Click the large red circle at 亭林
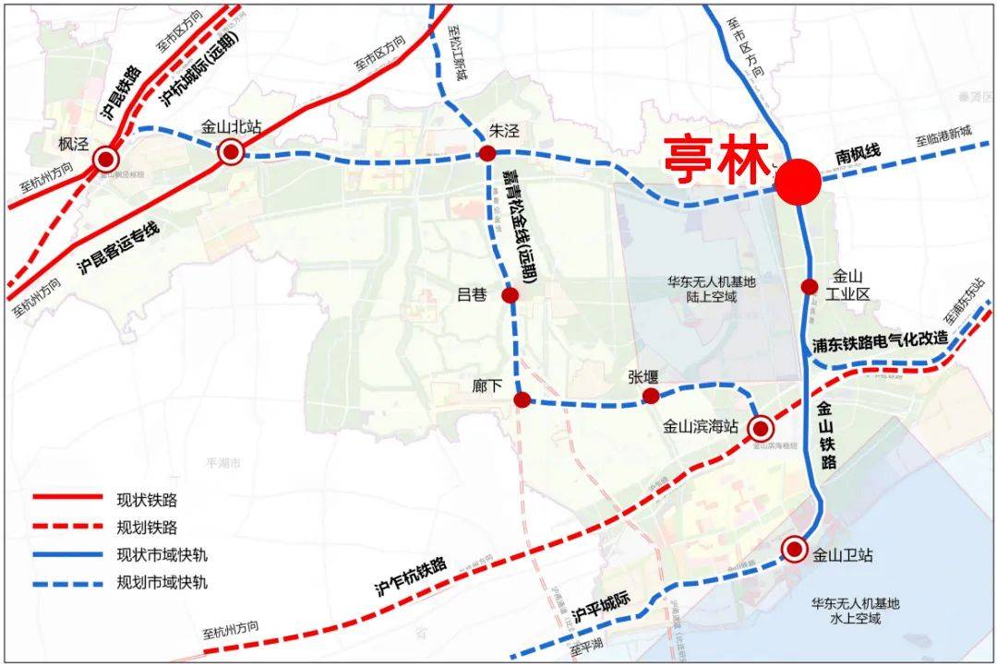point(798,182)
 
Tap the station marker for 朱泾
point(486,153)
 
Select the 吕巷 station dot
point(510,295)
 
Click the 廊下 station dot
point(522,399)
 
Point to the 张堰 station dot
point(651,396)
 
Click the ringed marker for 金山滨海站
point(760,428)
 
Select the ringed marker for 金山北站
point(230,152)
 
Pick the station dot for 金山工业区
point(810,287)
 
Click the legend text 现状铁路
point(147,500)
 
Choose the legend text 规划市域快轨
point(162,582)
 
